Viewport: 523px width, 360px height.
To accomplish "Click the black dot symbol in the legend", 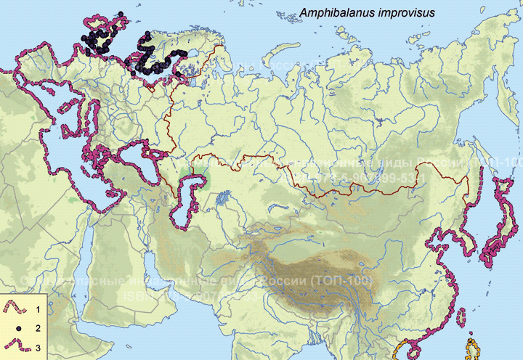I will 15,327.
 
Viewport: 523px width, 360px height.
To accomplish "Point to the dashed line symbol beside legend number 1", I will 15,309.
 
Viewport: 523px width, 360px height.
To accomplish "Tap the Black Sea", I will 131,157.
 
